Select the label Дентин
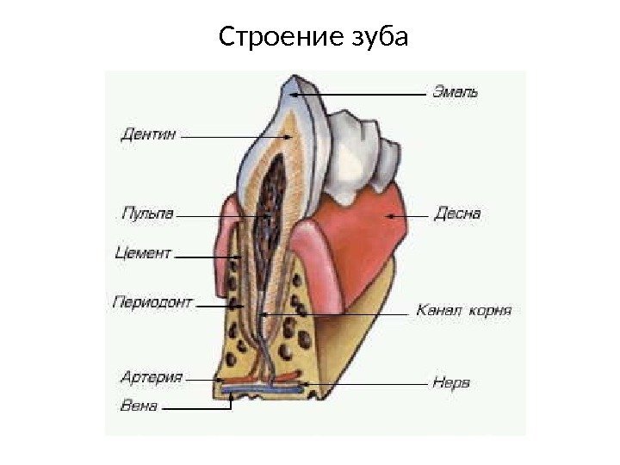[x=147, y=133]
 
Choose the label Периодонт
[x=152, y=303]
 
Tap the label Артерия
[x=151, y=377]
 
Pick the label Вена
[x=138, y=406]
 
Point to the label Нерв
[x=452, y=382]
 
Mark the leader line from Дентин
[x=224, y=135]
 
